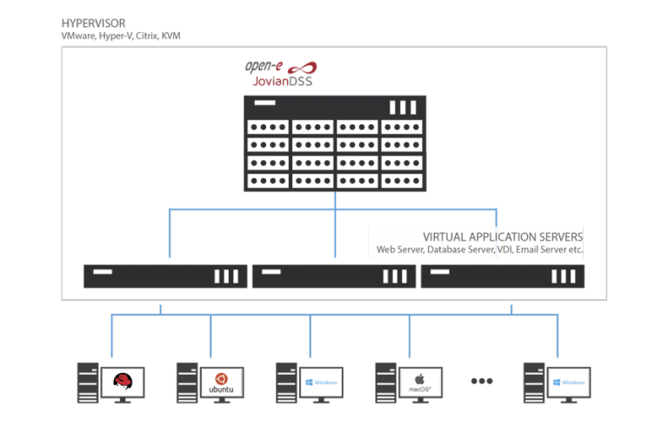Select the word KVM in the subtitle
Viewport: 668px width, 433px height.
(170, 36)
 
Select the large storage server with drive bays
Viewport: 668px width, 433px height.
(335, 143)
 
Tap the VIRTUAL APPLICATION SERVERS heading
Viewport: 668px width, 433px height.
(502, 236)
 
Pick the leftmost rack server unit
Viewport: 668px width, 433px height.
(165, 276)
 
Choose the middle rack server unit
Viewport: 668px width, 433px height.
(334, 276)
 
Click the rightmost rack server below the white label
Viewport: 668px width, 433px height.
(502, 276)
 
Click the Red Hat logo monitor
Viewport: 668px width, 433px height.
(123, 381)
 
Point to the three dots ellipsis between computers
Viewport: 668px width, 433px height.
(481, 381)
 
